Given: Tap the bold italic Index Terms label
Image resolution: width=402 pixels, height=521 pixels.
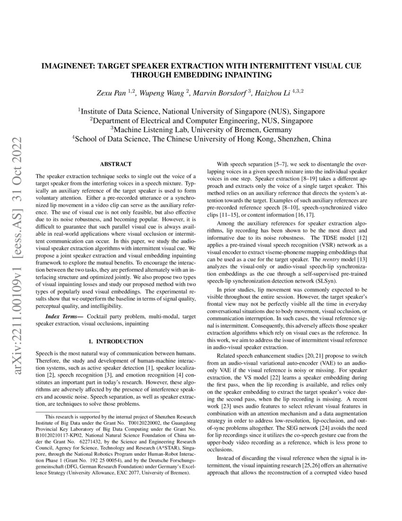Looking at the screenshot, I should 59,315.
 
